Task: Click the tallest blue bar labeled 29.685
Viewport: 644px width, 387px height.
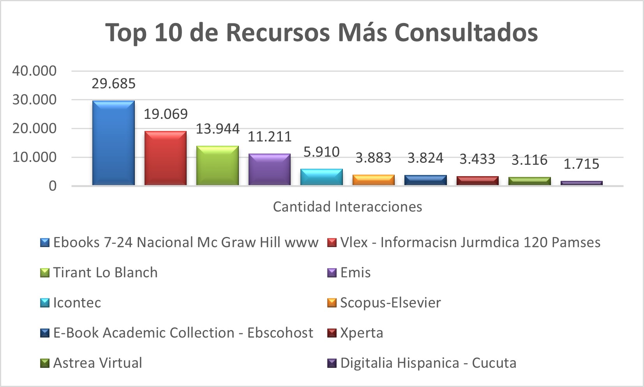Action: coord(113,143)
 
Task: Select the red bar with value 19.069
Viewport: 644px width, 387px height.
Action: coord(165,158)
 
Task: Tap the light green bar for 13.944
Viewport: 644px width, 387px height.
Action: coord(217,165)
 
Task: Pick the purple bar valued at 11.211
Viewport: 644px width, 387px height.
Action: coord(270,169)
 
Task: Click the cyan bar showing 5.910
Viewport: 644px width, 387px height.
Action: coord(321,177)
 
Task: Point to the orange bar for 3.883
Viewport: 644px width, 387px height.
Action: coord(373,180)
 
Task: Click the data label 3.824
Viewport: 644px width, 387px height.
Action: coord(425,158)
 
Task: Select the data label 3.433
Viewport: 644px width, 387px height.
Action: coord(477,159)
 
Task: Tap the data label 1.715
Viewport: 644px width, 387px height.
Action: coord(581,164)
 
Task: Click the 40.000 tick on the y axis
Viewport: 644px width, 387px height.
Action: coord(34,71)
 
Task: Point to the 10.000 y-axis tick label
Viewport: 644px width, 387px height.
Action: coord(34,157)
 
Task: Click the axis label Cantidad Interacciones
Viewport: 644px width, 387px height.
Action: coord(348,207)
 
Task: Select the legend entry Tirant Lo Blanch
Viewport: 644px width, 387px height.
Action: coord(105,272)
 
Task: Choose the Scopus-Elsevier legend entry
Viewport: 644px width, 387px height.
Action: coord(390,302)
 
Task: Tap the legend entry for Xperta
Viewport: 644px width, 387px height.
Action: coord(362,333)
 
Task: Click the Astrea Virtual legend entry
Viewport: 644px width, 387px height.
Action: coord(97,363)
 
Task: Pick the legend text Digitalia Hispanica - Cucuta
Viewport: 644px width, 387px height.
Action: coord(428,363)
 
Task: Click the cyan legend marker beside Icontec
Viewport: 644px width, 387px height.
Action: coord(45,303)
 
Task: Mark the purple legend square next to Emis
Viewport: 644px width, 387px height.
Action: coord(332,273)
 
